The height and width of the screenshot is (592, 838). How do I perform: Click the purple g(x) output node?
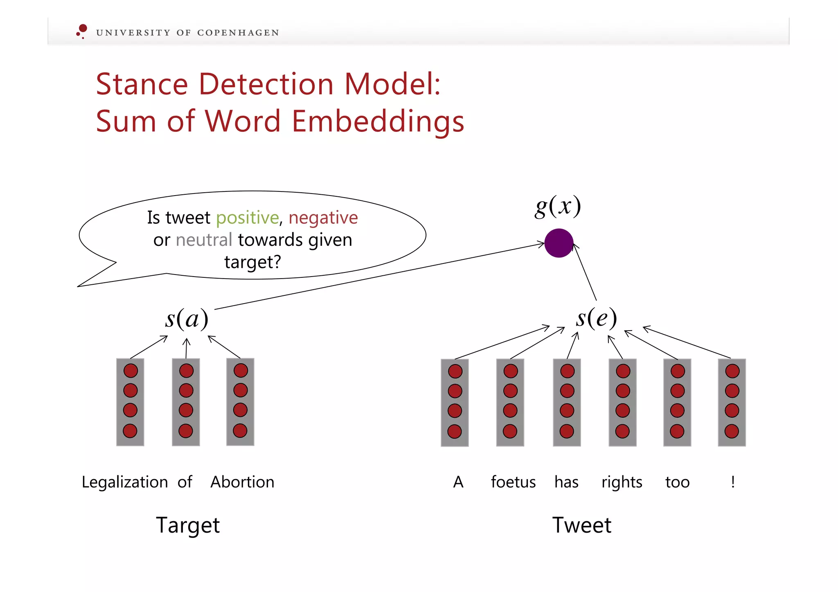[559, 243]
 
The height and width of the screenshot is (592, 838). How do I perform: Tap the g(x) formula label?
[558, 206]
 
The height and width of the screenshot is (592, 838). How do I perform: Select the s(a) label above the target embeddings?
[187, 319]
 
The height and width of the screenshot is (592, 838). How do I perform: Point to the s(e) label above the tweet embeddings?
[596, 318]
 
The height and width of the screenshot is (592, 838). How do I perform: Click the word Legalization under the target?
[125, 482]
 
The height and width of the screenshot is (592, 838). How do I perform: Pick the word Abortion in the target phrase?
[242, 482]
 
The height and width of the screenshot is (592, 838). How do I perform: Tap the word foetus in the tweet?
[513, 482]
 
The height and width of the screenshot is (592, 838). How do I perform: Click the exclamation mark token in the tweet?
[733, 482]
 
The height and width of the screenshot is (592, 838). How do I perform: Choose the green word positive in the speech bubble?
[247, 218]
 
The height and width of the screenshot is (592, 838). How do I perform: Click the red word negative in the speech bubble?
[323, 218]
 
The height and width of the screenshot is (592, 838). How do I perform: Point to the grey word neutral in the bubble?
[204, 240]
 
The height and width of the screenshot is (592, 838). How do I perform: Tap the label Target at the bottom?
[188, 525]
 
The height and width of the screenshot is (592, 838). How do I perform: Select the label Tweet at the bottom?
[581, 525]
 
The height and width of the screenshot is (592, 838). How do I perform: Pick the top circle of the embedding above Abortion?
[241, 371]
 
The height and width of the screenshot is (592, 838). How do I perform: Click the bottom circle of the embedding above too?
[677, 431]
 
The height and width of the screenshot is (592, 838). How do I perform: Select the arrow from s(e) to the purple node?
[585, 272]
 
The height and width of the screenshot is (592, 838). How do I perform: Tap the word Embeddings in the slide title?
[378, 122]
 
